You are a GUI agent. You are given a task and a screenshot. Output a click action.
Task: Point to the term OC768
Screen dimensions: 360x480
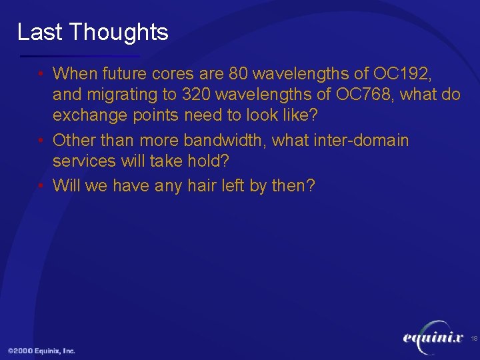[368, 95]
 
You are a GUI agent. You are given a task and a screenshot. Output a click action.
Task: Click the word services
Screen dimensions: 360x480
[81, 163]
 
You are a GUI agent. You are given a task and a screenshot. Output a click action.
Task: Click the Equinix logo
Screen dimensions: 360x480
[433, 339]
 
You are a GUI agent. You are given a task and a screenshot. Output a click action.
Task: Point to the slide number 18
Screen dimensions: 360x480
[474, 339]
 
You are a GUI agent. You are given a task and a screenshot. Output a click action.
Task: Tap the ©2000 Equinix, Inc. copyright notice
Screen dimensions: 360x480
[41, 351]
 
